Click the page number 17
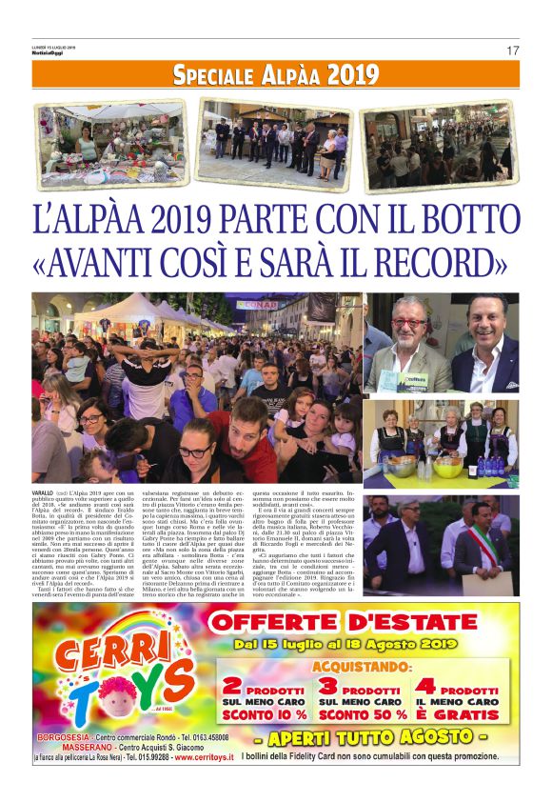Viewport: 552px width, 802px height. pyautogui.click(x=512, y=50)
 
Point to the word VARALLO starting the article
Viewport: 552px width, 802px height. pyautogui.click(x=44, y=491)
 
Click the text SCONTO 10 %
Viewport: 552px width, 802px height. pyautogui.click(x=265, y=714)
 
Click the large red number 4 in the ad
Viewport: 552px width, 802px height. pyautogui.click(x=425, y=686)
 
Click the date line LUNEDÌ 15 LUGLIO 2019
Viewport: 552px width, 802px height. pyautogui.click(x=55, y=46)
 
